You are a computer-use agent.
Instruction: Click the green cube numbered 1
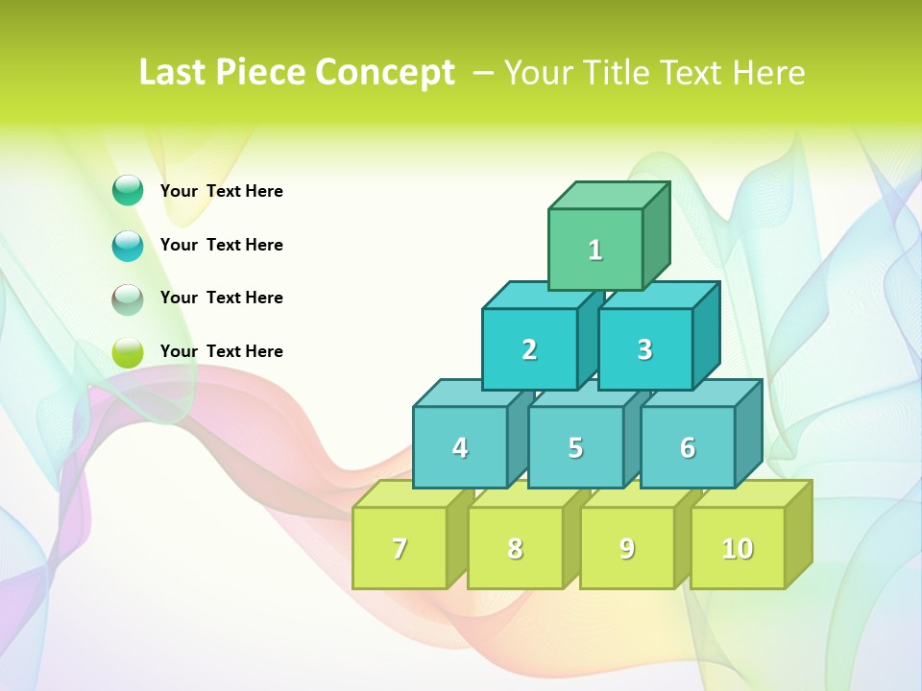point(595,250)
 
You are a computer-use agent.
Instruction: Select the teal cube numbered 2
point(529,349)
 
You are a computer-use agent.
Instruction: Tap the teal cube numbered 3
point(644,349)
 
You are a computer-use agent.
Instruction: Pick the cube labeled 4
point(460,447)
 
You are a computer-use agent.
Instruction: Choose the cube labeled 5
point(575,447)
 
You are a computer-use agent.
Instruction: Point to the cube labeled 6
point(688,447)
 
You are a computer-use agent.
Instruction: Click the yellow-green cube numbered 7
point(400,548)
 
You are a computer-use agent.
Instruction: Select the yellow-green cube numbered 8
point(515,548)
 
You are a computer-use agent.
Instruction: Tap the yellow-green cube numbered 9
point(627,548)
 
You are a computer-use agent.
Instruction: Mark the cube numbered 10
point(738,548)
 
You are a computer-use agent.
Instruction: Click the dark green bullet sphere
point(128,191)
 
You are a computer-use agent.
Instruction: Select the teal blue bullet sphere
point(128,246)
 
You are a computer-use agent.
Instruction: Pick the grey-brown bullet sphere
point(128,299)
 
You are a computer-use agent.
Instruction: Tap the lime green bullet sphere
point(128,352)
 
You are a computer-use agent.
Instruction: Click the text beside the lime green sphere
point(222,351)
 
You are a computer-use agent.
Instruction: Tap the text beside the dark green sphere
point(222,191)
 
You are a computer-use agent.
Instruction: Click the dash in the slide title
point(484,71)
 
